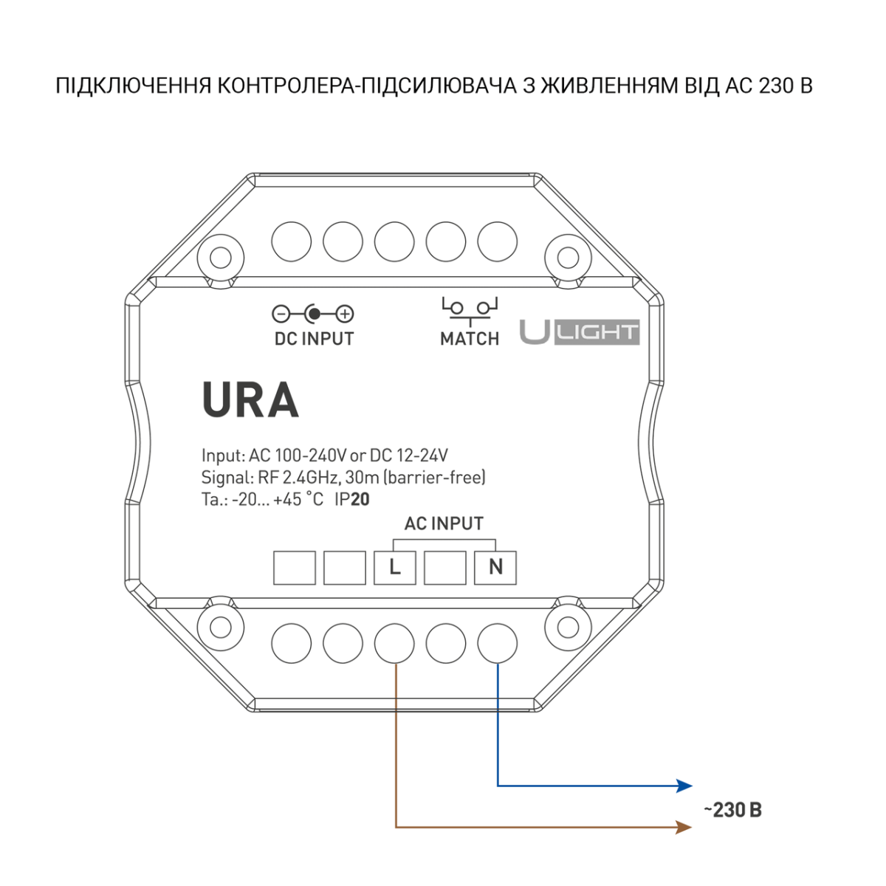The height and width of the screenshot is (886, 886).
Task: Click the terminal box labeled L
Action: [x=395, y=568]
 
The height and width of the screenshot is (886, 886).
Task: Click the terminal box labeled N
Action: [x=495, y=568]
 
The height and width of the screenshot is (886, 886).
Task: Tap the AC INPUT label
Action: [x=444, y=523]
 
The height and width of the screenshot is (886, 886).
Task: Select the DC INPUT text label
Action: [x=314, y=339]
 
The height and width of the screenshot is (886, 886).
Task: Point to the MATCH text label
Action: [x=470, y=339]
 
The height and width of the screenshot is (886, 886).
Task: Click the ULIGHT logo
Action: [x=580, y=332]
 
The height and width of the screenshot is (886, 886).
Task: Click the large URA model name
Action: [x=250, y=401]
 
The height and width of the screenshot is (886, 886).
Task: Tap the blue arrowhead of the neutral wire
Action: [x=684, y=786]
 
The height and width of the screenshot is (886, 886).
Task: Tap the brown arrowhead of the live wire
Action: [x=684, y=827]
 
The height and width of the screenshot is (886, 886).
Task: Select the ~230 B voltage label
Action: [x=732, y=810]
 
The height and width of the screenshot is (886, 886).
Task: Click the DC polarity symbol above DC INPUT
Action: [x=313, y=315]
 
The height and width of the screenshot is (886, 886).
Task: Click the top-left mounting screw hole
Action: [x=220, y=258]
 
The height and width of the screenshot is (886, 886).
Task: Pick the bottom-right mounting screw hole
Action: [x=567, y=627]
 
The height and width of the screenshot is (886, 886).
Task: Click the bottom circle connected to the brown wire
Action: [x=394, y=643]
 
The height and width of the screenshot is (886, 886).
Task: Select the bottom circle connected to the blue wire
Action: [x=497, y=643]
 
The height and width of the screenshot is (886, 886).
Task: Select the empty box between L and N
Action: [x=445, y=568]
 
